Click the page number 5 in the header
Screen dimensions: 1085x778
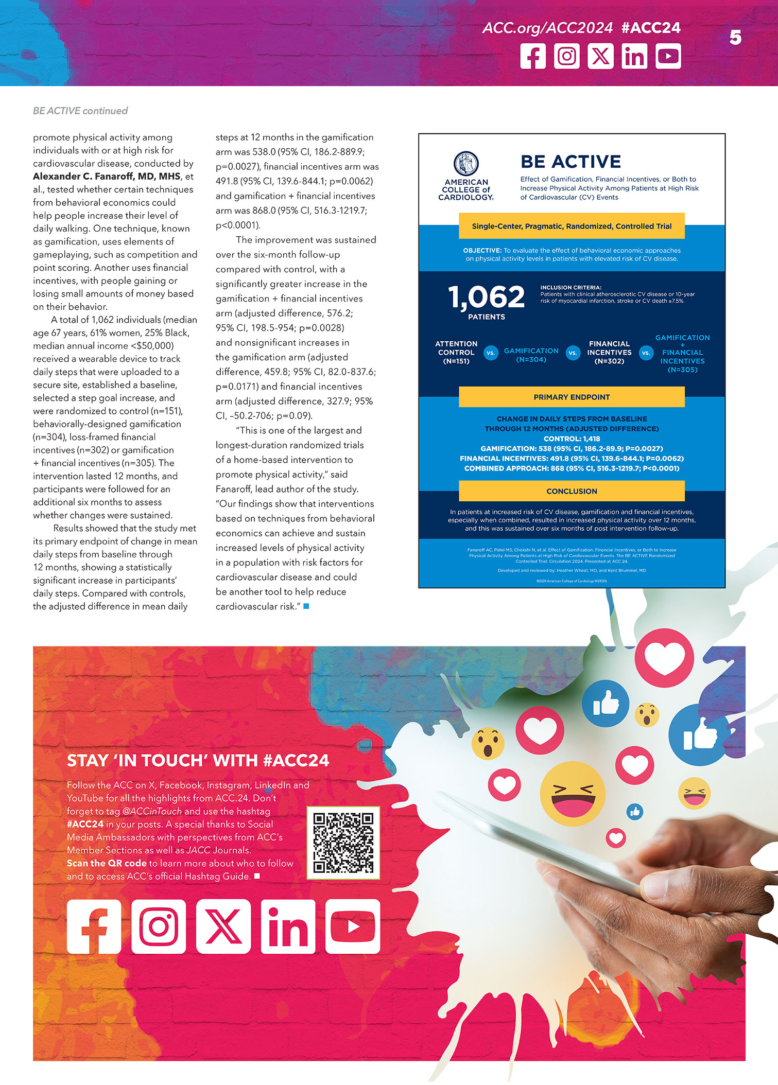pyautogui.click(x=735, y=37)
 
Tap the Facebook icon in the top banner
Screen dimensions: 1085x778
pyautogui.click(x=533, y=56)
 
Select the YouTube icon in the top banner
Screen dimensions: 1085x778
pyautogui.click(x=668, y=56)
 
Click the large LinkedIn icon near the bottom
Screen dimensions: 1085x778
pyautogui.click(x=288, y=926)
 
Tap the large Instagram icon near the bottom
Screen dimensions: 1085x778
pyautogui.click(x=159, y=926)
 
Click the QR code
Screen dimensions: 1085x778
pyautogui.click(x=343, y=843)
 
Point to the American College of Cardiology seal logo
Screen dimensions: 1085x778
pyautogui.click(x=466, y=164)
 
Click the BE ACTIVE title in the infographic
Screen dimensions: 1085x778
pyautogui.click(x=570, y=162)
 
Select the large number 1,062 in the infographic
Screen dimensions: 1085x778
pyautogui.click(x=487, y=297)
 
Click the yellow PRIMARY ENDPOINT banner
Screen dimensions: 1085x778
pyautogui.click(x=572, y=397)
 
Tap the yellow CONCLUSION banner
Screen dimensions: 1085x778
pyautogui.click(x=572, y=491)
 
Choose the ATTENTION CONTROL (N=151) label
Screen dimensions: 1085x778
pyautogui.click(x=456, y=353)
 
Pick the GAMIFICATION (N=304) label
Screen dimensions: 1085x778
pyautogui.click(x=531, y=355)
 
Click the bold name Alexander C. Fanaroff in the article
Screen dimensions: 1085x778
pyautogui.click(x=107, y=176)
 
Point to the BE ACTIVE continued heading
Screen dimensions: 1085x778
pyautogui.click(x=80, y=111)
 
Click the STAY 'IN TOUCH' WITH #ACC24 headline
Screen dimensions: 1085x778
pyautogui.click(x=198, y=760)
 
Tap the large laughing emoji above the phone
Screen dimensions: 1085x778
pyautogui.click(x=572, y=793)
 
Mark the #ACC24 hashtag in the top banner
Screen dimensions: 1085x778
pyautogui.click(x=651, y=28)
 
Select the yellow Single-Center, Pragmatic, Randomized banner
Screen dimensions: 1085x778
pyautogui.click(x=572, y=226)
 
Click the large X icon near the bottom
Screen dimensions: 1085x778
pyautogui.click(x=223, y=926)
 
